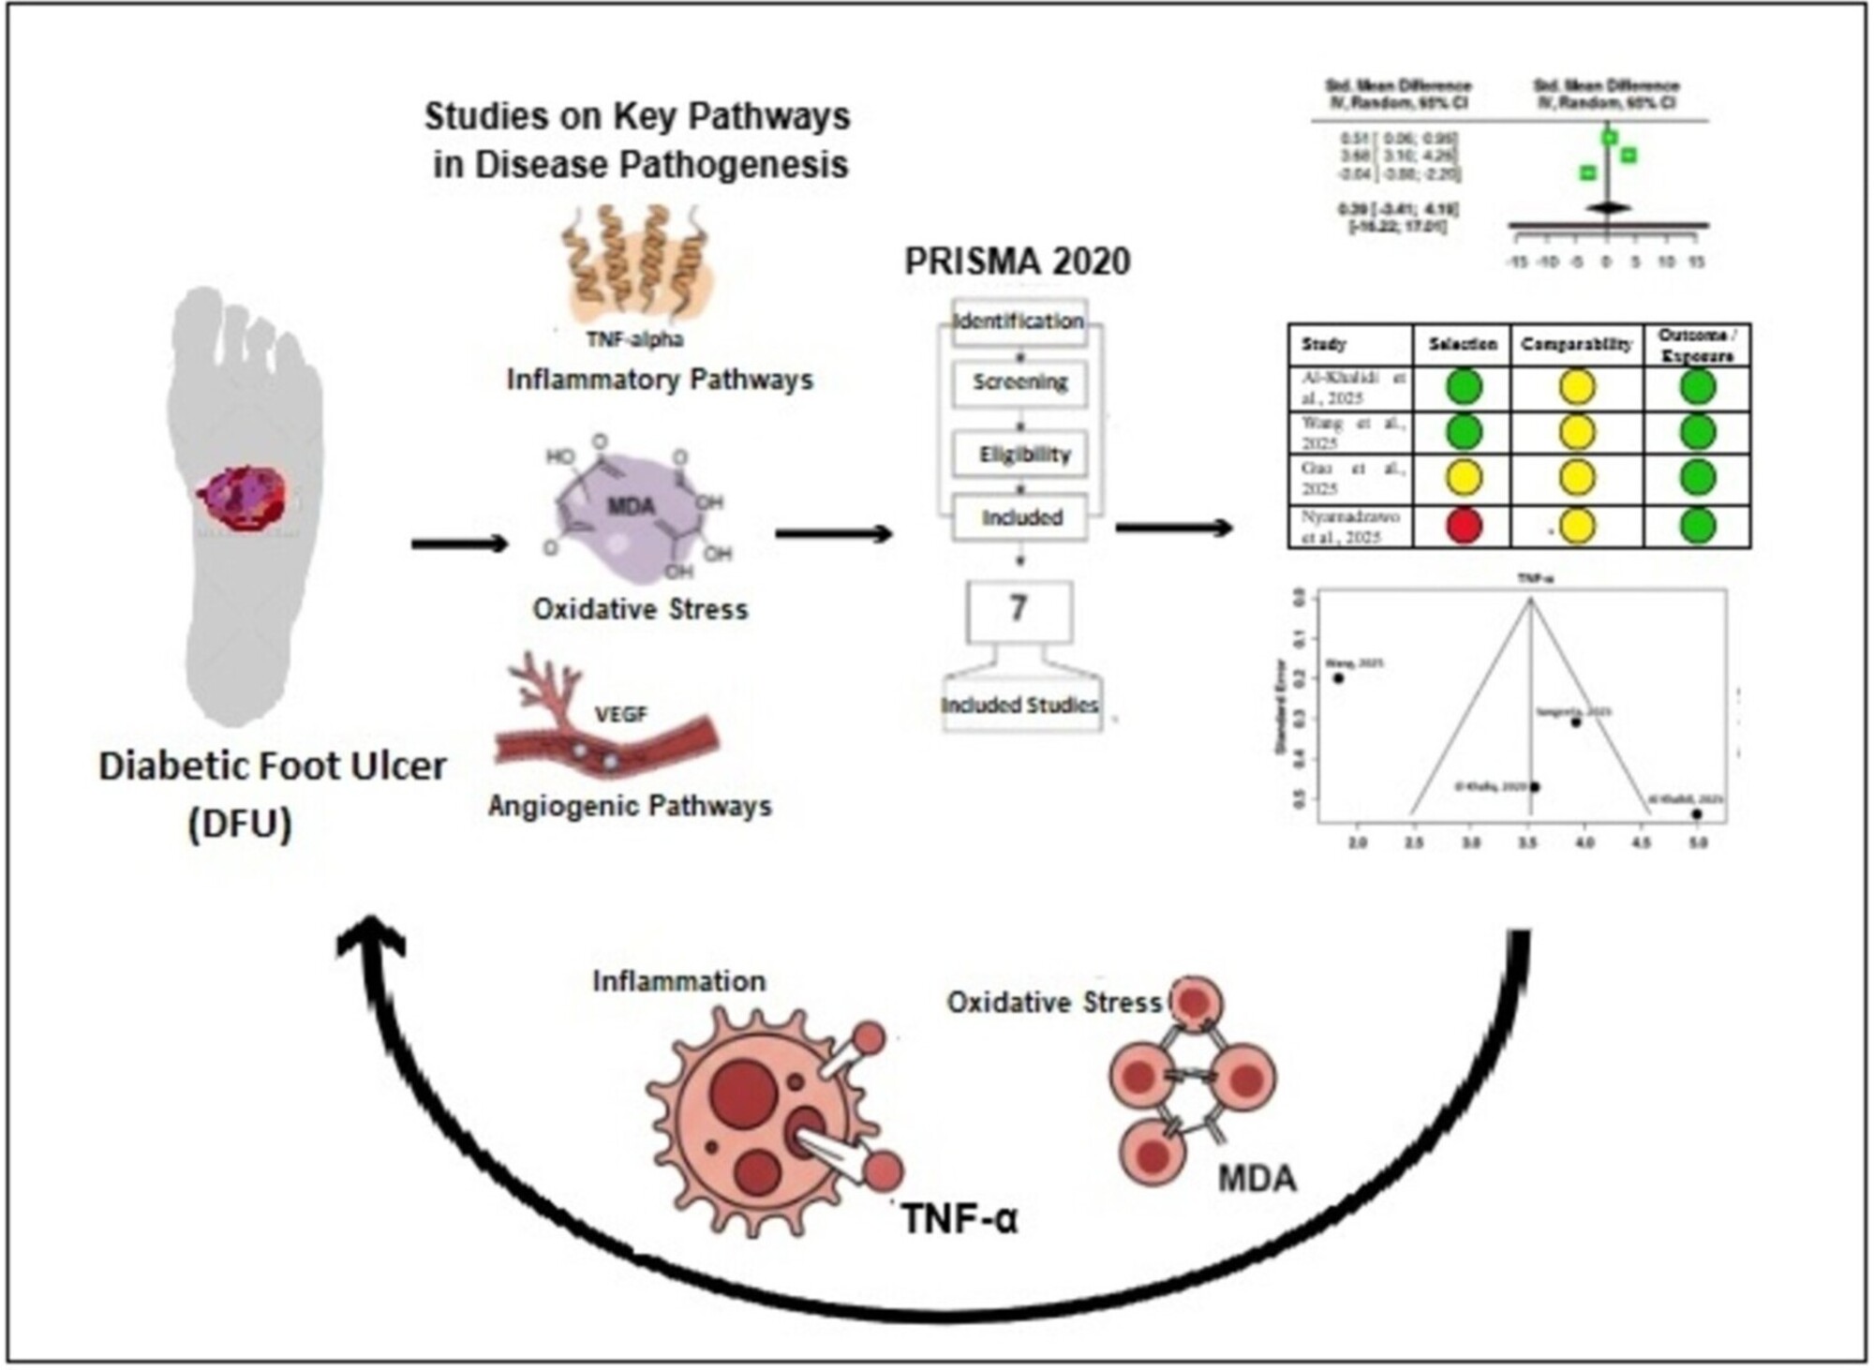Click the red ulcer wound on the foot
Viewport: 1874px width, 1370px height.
click(243, 498)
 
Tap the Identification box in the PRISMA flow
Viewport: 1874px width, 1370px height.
click(1019, 321)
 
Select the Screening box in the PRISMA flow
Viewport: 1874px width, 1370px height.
click(1019, 382)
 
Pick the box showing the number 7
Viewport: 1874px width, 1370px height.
click(1019, 610)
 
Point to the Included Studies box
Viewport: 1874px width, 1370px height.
click(1020, 705)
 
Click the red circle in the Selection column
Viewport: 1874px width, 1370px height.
click(1464, 526)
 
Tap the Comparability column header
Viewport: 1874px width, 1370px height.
click(1576, 345)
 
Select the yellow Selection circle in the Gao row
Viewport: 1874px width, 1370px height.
click(1464, 478)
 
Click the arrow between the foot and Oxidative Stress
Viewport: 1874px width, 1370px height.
click(459, 544)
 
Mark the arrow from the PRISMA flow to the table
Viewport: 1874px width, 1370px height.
click(1173, 529)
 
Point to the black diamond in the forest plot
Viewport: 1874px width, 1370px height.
click(1608, 207)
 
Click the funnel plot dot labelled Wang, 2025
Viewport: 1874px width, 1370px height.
click(1338, 678)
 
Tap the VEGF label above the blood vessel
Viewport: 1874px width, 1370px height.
click(621, 715)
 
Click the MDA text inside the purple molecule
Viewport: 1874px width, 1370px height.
click(631, 507)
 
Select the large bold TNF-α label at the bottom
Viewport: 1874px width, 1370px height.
click(959, 1219)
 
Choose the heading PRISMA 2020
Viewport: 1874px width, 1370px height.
click(1018, 261)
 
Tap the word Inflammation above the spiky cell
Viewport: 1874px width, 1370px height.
click(679, 981)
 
